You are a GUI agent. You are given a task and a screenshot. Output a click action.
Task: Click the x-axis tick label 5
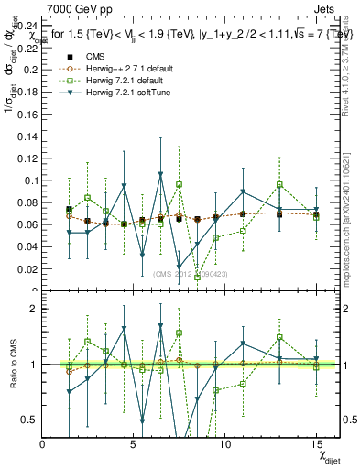[x=134, y=443]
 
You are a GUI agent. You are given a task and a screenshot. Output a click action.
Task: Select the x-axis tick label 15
[x=315, y=443]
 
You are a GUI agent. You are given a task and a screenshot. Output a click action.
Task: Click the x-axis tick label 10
[x=224, y=443]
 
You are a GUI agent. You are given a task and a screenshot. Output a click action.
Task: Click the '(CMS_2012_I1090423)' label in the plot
[x=191, y=273]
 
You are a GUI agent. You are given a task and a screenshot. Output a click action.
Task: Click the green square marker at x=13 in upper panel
[x=279, y=185]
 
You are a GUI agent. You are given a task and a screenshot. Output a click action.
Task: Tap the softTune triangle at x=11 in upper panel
[x=243, y=191]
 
